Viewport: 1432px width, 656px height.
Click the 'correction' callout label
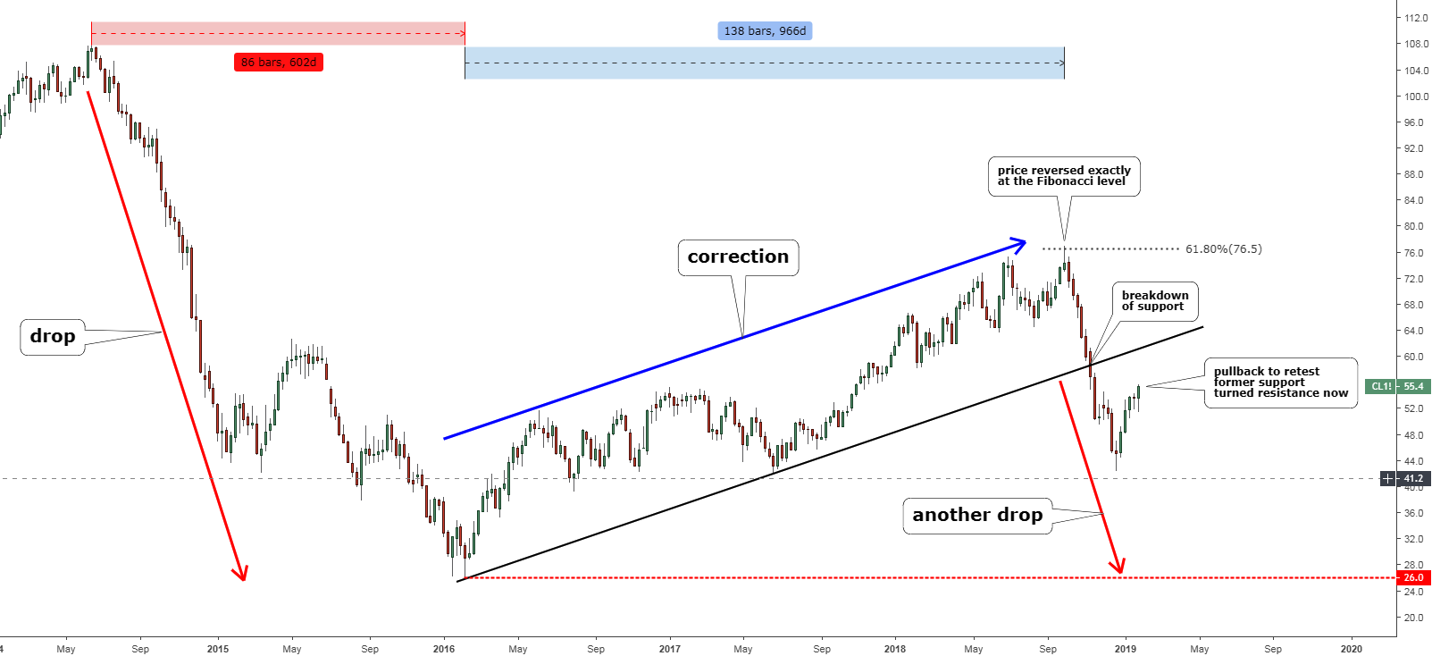[738, 257]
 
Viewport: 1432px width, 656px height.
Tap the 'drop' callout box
[53, 337]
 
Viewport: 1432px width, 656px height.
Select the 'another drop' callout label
[977, 516]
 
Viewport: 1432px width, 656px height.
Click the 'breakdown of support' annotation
[1154, 301]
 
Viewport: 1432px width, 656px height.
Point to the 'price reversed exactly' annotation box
[1063, 176]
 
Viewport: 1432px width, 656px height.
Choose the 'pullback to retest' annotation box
[1280, 383]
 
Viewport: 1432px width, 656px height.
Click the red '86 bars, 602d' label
[279, 63]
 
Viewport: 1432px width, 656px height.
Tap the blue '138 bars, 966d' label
[765, 31]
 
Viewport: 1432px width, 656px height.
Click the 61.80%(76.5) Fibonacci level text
[1223, 249]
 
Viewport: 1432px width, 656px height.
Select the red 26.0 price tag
[1413, 578]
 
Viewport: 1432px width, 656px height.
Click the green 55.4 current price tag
[1413, 387]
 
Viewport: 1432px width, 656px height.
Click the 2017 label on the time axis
[669, 649]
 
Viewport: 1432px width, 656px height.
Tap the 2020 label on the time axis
[1351, 649]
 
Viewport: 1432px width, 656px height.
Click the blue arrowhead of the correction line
[1020, 242]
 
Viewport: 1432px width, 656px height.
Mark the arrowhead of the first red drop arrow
[240, 574]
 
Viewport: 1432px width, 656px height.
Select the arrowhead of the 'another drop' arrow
[1118, 567]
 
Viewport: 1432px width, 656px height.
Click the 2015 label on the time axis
[218, 649]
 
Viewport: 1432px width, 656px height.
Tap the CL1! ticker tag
[1381, 387]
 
